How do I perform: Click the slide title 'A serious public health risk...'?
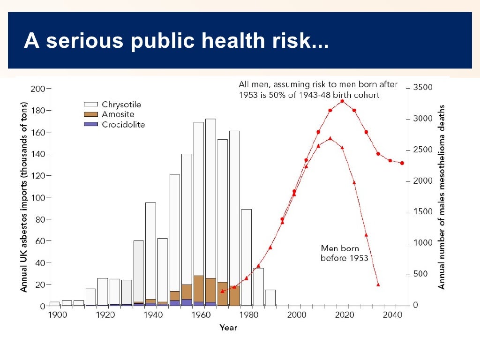pos(176,41)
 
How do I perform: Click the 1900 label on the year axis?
pos(54,315)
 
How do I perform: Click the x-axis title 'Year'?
pos(228,328)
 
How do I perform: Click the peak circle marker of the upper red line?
pos(342,101)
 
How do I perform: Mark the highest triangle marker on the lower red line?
pos(330,138)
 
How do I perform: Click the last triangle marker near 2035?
pos(378,285)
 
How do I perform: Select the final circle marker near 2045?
pos(402,163)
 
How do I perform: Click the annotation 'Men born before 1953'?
pos(344,253)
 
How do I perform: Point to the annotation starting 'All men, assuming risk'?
pos(318,90)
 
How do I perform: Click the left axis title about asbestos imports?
pos(23,196)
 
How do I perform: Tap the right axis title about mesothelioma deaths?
pos(441,196)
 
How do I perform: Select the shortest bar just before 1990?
pos(270,298)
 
